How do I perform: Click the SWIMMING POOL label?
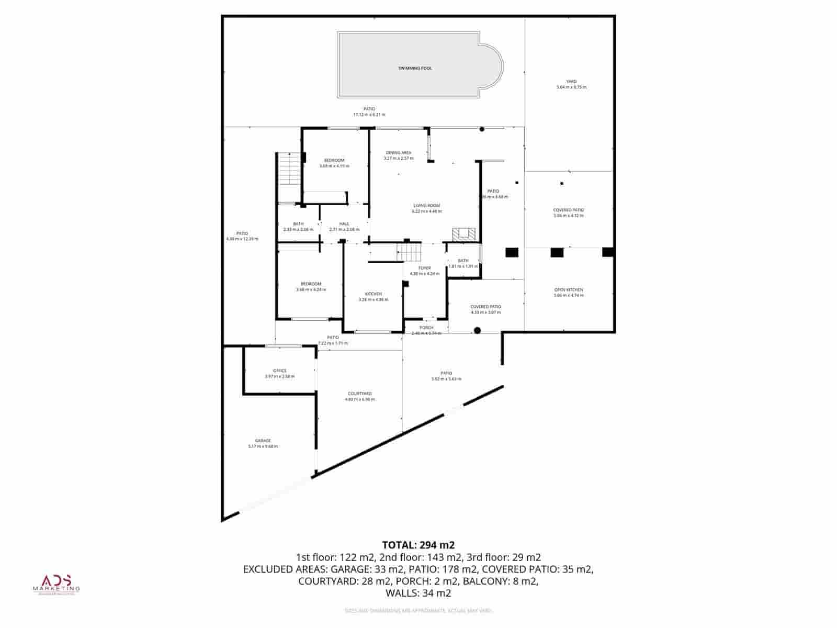coord(415,68)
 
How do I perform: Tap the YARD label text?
coord(571,82)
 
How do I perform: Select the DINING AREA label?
coord(399,153)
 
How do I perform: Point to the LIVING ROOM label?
coord(426,206)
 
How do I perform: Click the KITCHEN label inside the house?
coord(373,294)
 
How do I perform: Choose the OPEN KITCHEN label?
coord(568,290)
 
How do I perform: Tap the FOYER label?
coord(424,268)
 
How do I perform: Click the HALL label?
coord(344,224)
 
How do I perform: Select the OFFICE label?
coord(280,371)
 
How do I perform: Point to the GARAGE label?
coord(263,441)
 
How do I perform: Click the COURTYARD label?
coord(360,394)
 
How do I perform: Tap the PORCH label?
coord(426,328)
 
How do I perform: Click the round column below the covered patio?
coord(477,330)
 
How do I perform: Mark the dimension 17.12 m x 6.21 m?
coord(369,115)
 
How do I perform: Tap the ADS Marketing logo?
coord(56,584)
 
